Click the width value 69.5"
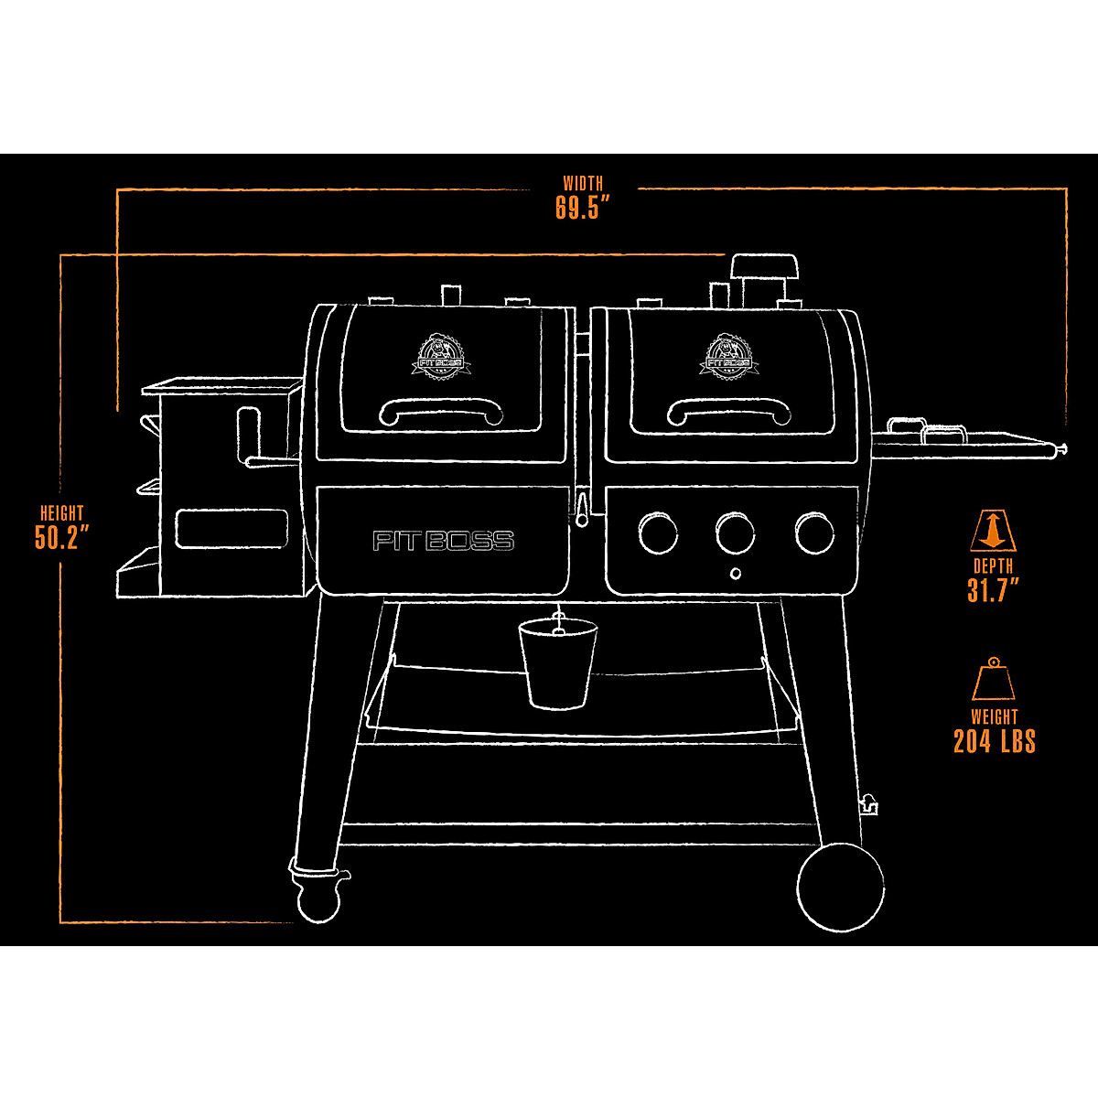[582, 208]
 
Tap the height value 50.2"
[61, 536]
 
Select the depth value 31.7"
[993, 590]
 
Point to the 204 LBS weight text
[994, 740]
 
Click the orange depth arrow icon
[993, 531]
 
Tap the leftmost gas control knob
[658, 533]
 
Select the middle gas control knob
[736, 533]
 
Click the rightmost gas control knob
[814, 533]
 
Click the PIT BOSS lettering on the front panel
[443, 541]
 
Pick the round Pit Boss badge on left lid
[443, 353]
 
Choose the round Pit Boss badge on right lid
[729, 353]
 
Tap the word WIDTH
[583, 184]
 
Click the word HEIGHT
[61, 513]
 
